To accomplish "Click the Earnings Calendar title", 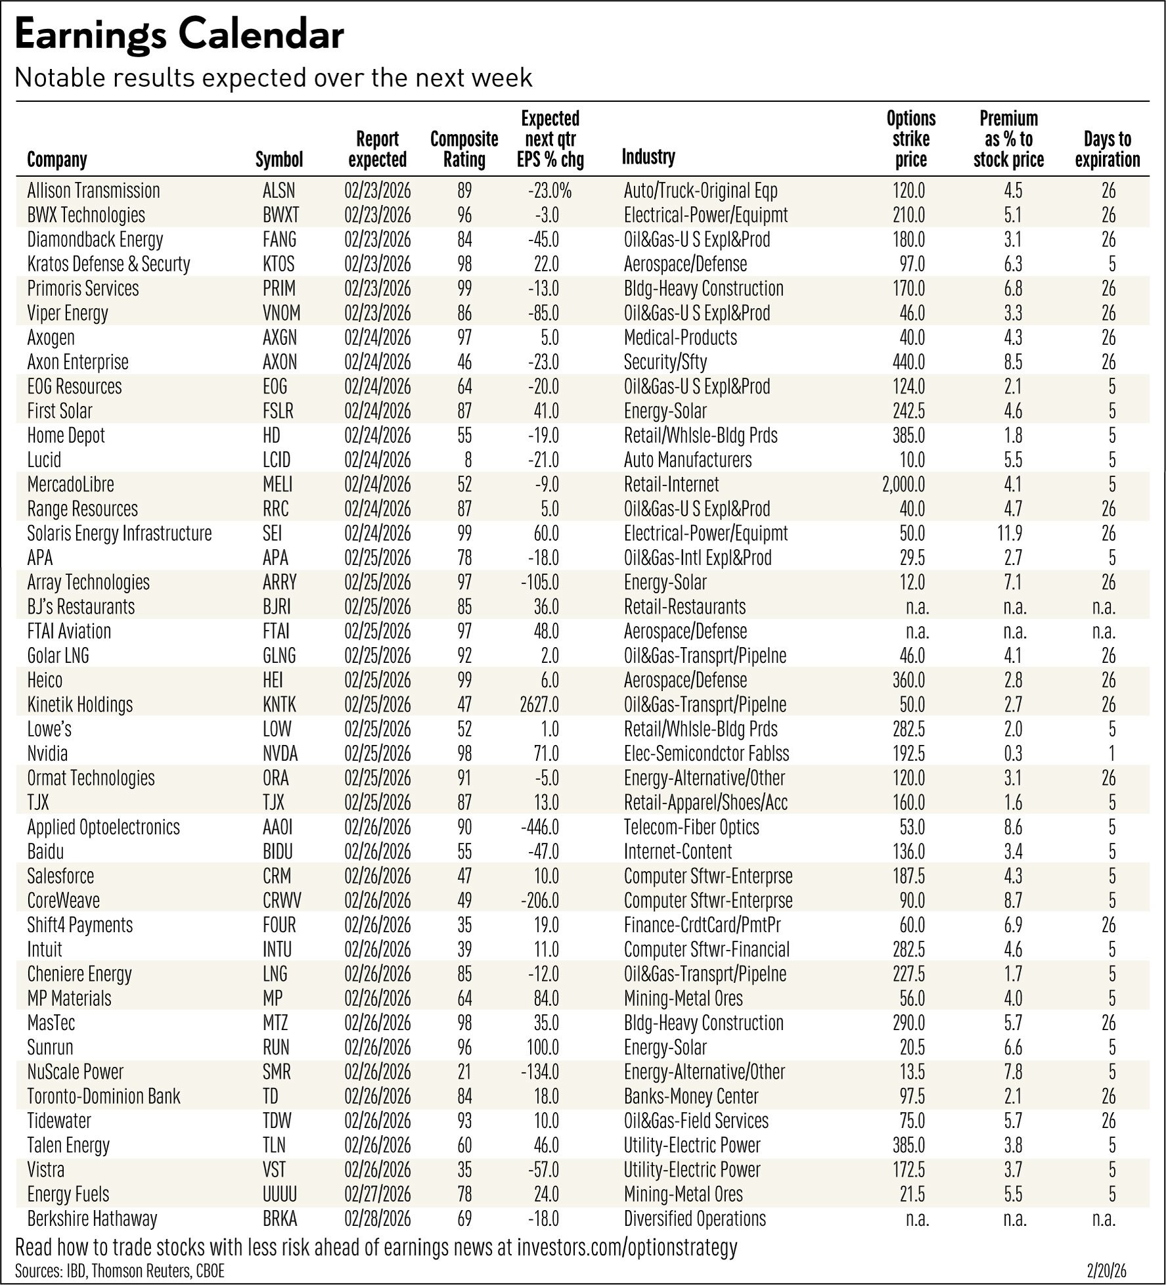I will click(179, 36).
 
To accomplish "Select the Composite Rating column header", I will click(464, 149).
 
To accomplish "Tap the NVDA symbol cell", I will click(280, 754).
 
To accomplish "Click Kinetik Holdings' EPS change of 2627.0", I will click(538, 705).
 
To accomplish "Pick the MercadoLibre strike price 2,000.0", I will click(903, 485).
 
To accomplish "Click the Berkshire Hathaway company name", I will click(92, 1219).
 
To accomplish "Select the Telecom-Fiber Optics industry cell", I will click(691, 827).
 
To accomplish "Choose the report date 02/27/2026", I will click(377, 1194).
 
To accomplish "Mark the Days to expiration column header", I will click(1108, 149).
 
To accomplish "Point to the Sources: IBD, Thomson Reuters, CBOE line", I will click(120, 1271).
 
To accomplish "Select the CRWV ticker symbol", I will click(282, 901).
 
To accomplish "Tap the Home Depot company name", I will click(66, 436).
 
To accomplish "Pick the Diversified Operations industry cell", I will click(694, 1219).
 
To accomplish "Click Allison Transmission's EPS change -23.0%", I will click(549, 191).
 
